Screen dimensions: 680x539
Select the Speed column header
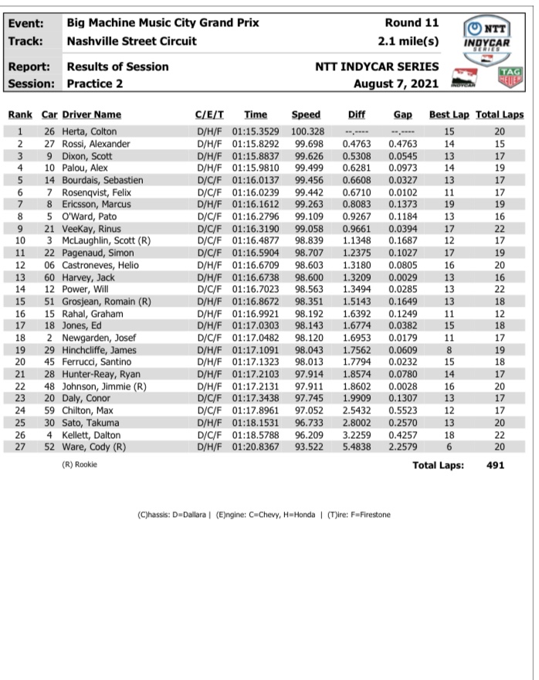click(306, 115)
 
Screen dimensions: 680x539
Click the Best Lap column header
click(449, 115)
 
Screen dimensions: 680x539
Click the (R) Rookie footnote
click(80, 465)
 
